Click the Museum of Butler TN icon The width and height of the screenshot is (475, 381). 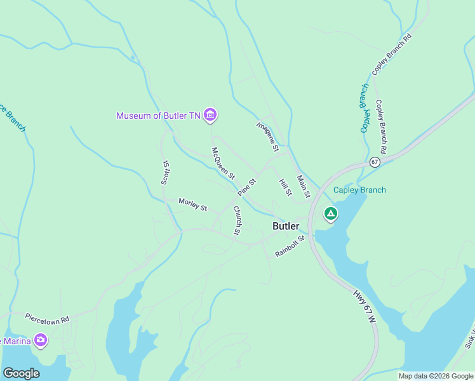pyautogui.click(x=211, y=115)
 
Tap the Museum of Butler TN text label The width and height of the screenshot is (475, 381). pyautogui.click(x=158, y=116)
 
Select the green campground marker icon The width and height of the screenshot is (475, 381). pyautogui.click(x=330, y=214)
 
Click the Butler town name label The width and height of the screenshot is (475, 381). pyautogui.click(x=286, y=226)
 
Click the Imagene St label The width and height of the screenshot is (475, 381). pyautogui.click(x=268, y=137)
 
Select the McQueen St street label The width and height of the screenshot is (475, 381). pyautogui.click(x=224, y=163)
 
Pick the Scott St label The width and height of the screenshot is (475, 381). pyautogui.click(x=166, y=171)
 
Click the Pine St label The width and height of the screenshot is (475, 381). pyautogui.click(x=247, y=187)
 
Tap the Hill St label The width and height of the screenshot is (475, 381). pyautogui.click(x=285, y=187)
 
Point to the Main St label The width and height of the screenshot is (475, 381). pyautogui.click(x=303, y=185)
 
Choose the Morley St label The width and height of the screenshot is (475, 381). pyautogui.click(x=192, y=204)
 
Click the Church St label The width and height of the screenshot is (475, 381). pyautogui.click(x=237, y=220)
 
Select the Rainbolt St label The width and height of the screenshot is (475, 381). pyautogui.click(x=290, y=246)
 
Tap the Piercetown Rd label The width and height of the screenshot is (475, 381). pyautogui.click(x=46, y=317)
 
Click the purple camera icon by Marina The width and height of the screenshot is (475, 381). pyautogui.click(x=41, y=340)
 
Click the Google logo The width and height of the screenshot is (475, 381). pyautogui.click(x=21, y=373)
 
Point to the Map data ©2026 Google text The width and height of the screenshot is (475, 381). pyautogui.click(x=436, y=376)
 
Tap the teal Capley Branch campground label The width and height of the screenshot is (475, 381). pyautogui.click(x=359, y=190)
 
